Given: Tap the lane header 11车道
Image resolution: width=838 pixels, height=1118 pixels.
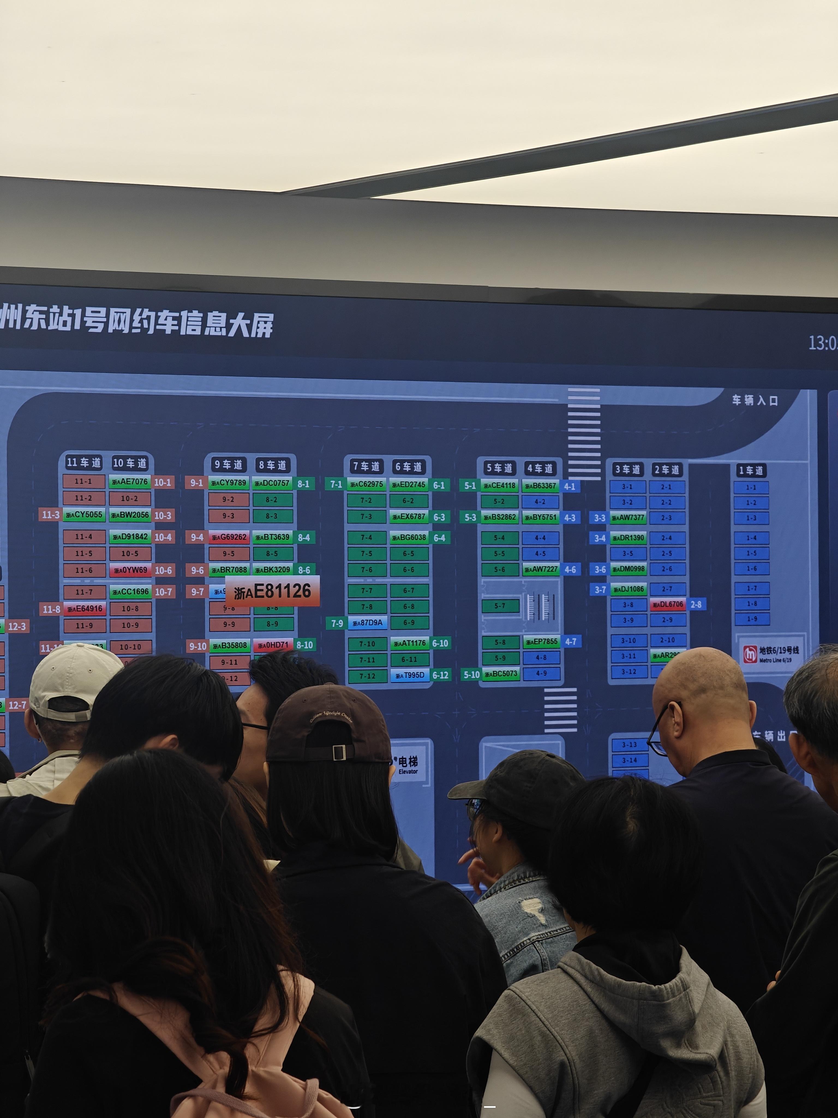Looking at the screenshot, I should point(84,462).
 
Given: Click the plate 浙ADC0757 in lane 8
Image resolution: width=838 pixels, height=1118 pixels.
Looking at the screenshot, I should point(272,483).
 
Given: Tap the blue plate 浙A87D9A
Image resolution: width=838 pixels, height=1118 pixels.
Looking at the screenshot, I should point(367,623).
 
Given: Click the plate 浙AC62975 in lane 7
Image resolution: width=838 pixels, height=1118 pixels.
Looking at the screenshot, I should point(367,484).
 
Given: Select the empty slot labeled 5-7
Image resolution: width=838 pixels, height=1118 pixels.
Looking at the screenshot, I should point(499,605).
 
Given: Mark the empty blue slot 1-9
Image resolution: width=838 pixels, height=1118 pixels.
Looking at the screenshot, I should point(752,619).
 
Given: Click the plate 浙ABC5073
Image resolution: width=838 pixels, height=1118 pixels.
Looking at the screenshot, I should point(501,674).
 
